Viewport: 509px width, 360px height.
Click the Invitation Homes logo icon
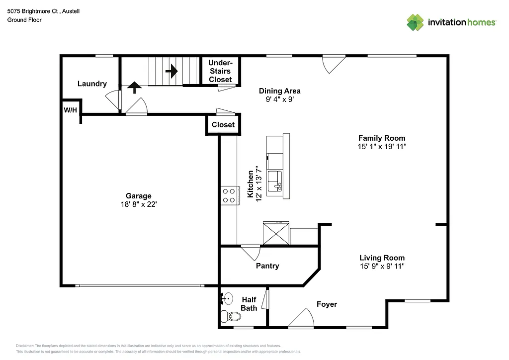[415, 22]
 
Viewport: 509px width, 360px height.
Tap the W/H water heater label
[70, 109]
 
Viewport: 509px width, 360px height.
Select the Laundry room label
[92, 84]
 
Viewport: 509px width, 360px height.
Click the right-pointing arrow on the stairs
[171, 72]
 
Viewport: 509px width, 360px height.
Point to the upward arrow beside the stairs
[134, 88]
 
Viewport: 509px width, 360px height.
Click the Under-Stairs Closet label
[220, 71]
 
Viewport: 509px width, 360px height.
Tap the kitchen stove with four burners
[229, 194]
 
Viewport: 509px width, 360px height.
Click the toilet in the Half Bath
[227, 316]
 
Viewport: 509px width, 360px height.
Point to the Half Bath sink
[227, 299]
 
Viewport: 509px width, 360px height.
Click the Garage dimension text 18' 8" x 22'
[138, 204]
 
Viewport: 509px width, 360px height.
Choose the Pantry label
[267, 266]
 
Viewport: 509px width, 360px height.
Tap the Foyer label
[327, 304]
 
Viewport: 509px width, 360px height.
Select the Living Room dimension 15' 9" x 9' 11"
[382, 267]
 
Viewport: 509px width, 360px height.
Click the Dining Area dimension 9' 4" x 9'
[279, 99]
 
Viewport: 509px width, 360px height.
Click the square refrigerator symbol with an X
[275, 233]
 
